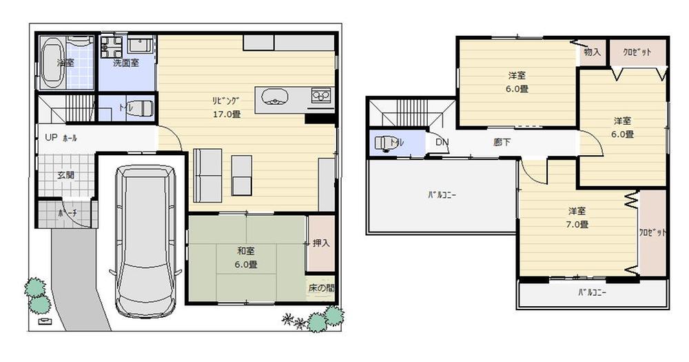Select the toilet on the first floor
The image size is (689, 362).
tap(141, 109)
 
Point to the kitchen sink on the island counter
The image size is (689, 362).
tap(274, 97)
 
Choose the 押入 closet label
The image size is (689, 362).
tap(320, 243)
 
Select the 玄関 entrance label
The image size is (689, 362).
tap(65, 175)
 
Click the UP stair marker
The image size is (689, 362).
tap(51, 137)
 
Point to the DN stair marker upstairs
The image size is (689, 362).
tap(442, 143)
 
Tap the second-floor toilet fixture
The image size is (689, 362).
tap(382, 143)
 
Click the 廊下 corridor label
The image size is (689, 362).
tap(502, 143)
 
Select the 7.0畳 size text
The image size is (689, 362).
tap(577, 224)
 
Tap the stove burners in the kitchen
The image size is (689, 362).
tap(322, 94)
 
